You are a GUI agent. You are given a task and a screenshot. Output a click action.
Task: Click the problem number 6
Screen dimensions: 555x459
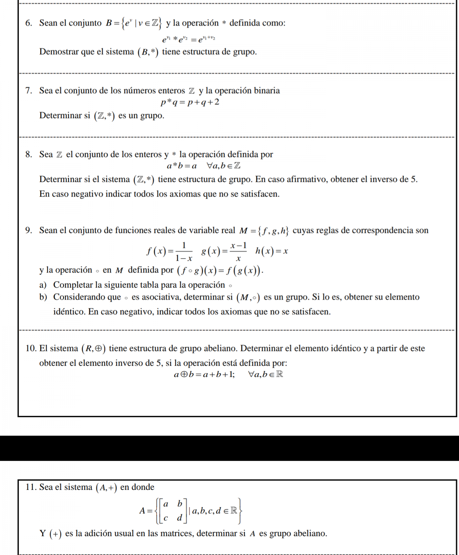click(28, 23)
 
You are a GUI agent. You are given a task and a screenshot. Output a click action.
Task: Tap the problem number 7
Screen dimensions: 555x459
click(28, 91)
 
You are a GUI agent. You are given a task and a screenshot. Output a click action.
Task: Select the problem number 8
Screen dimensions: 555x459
click(28, 155)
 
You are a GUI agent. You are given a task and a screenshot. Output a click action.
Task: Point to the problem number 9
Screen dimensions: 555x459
click(28, 230)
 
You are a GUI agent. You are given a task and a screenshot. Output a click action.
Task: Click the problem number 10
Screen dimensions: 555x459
click(31, 349)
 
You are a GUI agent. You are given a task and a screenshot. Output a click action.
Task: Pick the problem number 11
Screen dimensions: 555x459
click(31, 487)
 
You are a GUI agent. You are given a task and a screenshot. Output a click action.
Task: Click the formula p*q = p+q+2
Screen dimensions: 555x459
click(190, 103)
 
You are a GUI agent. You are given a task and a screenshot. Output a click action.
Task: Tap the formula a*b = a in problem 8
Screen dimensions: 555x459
click(182, 166)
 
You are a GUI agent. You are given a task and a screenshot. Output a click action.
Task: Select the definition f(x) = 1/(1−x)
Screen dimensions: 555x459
click(169, 251)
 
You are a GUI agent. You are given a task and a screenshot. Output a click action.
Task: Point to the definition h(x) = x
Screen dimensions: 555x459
click(272, 251)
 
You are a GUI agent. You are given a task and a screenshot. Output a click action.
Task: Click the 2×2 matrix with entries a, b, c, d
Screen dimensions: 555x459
click(173, 511)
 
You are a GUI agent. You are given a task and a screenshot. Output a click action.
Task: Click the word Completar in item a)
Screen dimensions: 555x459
click(73, 285)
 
